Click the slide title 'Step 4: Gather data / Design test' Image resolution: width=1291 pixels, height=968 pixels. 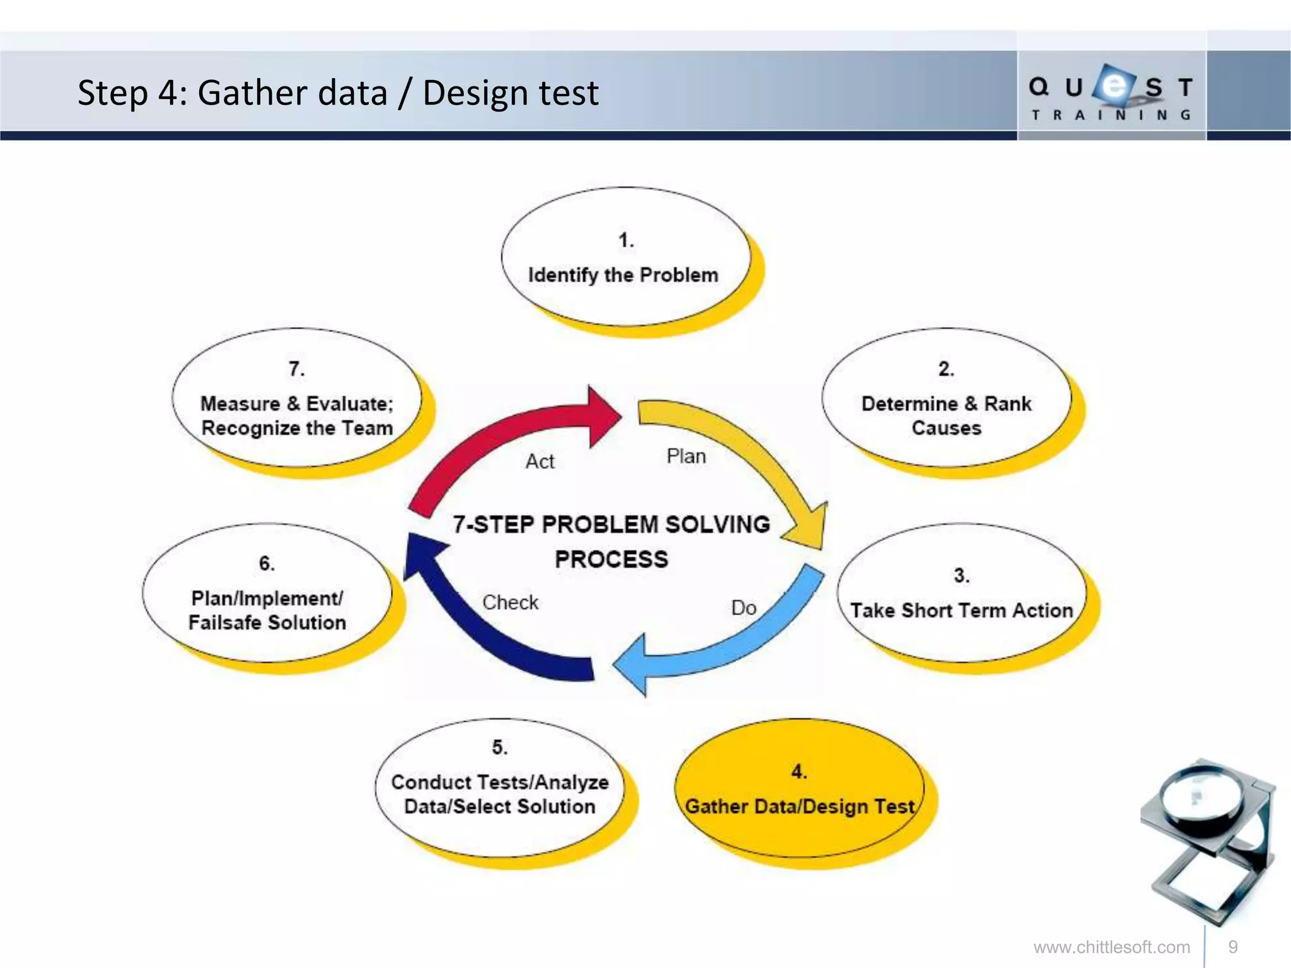(x=337, y=93)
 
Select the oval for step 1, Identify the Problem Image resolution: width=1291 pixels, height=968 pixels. (x=625, y=257)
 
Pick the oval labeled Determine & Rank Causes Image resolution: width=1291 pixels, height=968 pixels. (x=946, y=398)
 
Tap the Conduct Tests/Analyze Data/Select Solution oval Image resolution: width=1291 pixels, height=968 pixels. (x=499, y=788)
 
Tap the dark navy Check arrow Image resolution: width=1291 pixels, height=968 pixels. (x=479, y=637)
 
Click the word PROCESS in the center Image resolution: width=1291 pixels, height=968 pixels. (x=611, y=560)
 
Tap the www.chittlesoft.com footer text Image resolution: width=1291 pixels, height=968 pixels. (x=1111, y=947)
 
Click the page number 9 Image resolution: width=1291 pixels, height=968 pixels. (x=1233, y=947)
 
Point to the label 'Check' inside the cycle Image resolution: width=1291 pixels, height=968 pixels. (x=510, y=602)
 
